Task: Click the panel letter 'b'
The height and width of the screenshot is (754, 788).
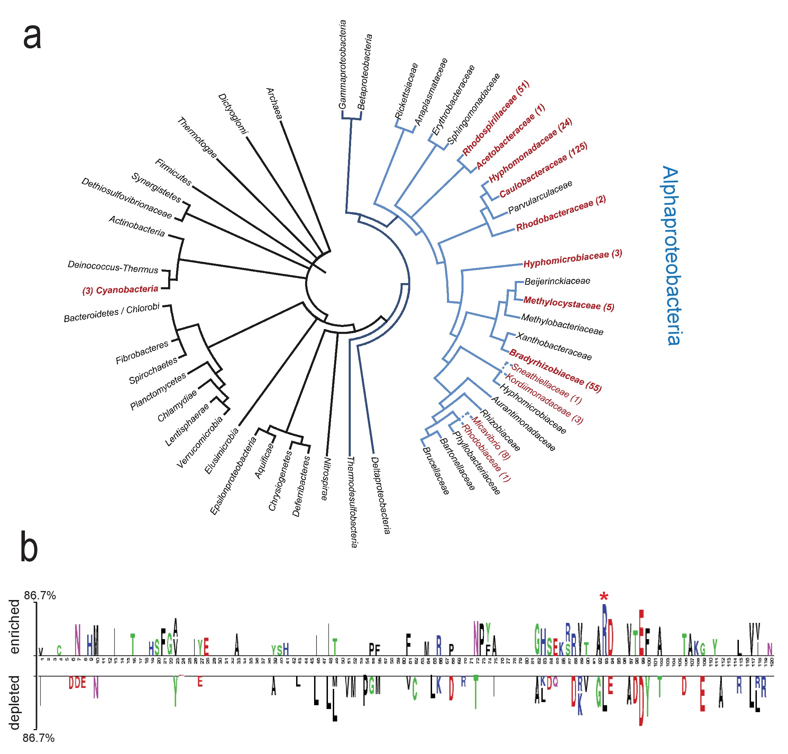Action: coord(29,547)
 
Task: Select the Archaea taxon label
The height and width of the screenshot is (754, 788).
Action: coord(274,103)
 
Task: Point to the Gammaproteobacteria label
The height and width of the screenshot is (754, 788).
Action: coord(342,64)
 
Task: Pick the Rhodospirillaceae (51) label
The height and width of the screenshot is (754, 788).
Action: coord(495,118)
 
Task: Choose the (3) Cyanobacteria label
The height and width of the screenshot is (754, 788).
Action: coord(120,290)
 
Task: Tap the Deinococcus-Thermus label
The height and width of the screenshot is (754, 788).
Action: coord(113,267)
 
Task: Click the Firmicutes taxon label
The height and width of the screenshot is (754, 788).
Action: coord(173,172)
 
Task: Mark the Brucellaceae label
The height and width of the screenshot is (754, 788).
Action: coord(436,471)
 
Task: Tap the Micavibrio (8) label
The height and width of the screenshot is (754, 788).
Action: coord(490,438)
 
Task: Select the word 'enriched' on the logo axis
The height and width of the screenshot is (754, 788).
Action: coord(15,627)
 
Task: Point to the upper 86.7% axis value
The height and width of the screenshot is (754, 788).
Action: coord(40,595)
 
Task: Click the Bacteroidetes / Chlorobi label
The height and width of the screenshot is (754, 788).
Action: coord(112,312)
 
